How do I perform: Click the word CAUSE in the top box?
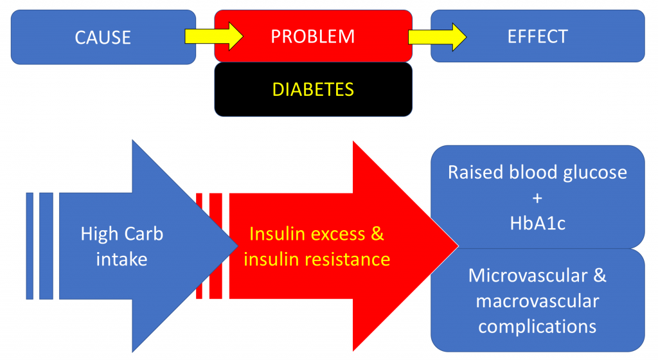103,37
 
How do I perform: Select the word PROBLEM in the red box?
312,36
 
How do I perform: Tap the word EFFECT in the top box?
537,36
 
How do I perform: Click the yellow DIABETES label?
313,89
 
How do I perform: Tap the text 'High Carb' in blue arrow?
122,233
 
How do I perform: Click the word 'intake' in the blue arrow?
122,259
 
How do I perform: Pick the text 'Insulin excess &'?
316,233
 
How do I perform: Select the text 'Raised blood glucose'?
537,172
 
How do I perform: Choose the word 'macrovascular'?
537,301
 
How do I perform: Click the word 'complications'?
537,326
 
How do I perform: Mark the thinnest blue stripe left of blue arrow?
30,246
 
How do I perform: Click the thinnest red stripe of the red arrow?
199,246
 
